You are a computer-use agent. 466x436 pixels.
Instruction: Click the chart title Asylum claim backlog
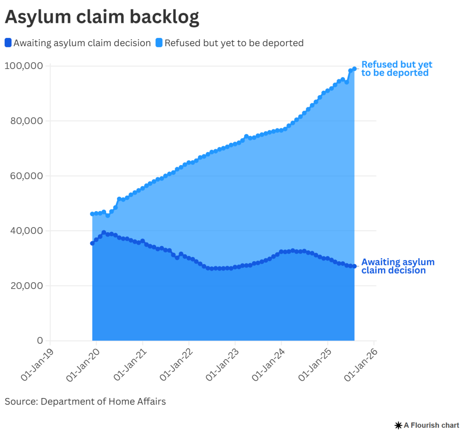102,17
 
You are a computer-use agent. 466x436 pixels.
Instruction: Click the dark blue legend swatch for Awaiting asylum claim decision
8,43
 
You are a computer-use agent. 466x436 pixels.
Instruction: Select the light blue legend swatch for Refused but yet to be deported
159,43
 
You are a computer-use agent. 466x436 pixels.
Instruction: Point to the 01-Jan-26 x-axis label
361,365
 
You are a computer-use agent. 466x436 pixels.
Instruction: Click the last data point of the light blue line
354,69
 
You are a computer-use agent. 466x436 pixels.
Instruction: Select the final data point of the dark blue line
354,266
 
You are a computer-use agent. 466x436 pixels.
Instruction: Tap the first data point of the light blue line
92,214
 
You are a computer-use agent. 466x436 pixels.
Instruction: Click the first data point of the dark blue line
92,243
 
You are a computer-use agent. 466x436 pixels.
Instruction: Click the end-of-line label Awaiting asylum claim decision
397,266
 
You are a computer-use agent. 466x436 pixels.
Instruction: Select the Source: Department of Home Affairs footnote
85,401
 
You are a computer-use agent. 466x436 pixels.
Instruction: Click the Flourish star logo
398,426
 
